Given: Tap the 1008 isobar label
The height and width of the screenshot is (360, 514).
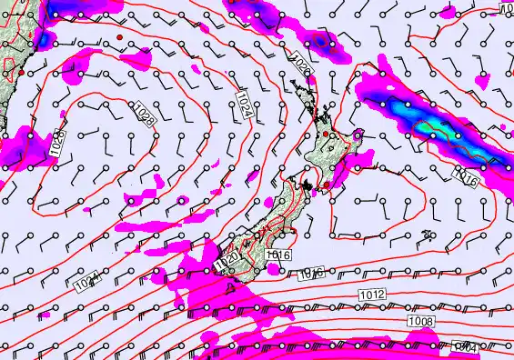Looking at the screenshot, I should coord(422,322).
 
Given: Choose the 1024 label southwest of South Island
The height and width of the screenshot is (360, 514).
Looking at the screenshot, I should coord(86,284).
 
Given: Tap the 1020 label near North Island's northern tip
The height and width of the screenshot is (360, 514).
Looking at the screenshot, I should coord(303,65).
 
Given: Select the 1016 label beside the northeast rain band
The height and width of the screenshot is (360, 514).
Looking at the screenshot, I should coord(466,174).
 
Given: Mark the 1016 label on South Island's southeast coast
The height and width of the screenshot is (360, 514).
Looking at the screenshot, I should coord(279,255).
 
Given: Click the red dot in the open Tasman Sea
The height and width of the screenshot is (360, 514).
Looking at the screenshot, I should coord(119,36).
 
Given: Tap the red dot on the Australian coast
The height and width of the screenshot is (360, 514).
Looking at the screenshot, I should coord(9,83).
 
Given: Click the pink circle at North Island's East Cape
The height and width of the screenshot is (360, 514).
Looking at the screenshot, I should coord(358,135).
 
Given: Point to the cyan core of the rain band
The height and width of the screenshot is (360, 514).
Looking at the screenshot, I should coord(435,129).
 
